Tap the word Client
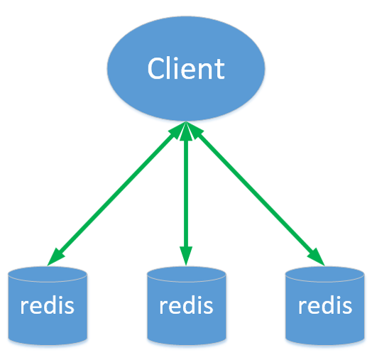click(186, 69)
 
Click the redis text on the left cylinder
click(47, 307)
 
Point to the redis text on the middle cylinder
click(186, 307)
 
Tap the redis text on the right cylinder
click(324, 307)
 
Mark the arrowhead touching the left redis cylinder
click(54, 258)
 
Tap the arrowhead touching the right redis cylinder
click(317, 258)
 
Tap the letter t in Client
click(219, 70)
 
